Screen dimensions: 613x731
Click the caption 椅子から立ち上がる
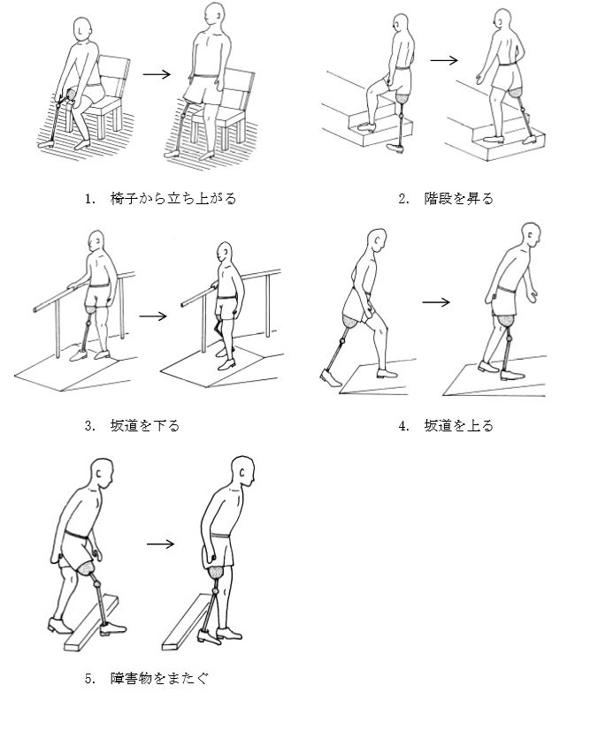coord(173,199)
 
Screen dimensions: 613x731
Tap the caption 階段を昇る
coord(458,199)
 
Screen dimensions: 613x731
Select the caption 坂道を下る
coord(144,426)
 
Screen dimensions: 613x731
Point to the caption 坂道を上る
coord(458,426)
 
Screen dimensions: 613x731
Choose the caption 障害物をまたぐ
coord(159,678)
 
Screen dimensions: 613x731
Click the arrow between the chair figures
coord(157,74)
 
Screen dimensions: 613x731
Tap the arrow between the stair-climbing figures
coord(444,60)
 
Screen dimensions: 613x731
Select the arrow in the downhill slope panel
coord(153,316)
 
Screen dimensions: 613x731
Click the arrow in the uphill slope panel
coord(436,302)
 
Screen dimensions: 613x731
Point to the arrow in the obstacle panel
coord(160,544)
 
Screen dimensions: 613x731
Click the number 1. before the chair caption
coord(90,199)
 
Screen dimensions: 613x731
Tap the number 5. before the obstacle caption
coord(90,678)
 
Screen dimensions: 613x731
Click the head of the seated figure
coord(81,30)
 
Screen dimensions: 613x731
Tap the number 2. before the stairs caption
coord(403,199)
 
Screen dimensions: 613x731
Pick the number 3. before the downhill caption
coord(90,426)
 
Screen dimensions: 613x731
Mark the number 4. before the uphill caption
coord(403,426)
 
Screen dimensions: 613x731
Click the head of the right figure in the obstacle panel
coord(243,472)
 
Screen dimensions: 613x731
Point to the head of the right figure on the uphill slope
coord(532,236)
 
